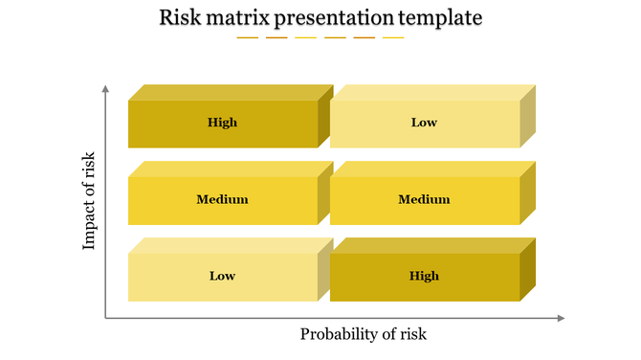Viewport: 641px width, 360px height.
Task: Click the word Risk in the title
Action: [x=180, y=18]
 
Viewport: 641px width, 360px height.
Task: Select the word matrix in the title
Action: [x=239, y=18]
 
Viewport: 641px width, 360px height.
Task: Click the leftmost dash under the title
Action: [x=248, y=38]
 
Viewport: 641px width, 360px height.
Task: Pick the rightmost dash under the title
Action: [x=393, y=38]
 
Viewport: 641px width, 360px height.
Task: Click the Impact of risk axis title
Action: [x=89, y=201]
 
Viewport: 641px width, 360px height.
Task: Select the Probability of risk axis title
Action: [x=363, y=334]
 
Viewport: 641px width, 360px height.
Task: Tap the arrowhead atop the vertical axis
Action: [x=105, y=89]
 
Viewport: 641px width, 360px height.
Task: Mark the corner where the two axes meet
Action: [x=105, y=318]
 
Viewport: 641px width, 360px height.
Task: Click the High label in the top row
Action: [x=222, y=123]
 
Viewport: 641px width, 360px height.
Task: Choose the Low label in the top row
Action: [x=424, y=123]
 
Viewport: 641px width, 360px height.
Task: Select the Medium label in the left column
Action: [x=222, y=199]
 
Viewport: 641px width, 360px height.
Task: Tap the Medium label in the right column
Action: [x=424, y=199]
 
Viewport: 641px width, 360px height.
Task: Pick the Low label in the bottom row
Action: [x=222, y=276]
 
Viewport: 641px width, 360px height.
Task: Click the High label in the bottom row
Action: [x=424, y=276]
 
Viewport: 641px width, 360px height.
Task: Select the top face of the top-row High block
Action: [x=230, y=93]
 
